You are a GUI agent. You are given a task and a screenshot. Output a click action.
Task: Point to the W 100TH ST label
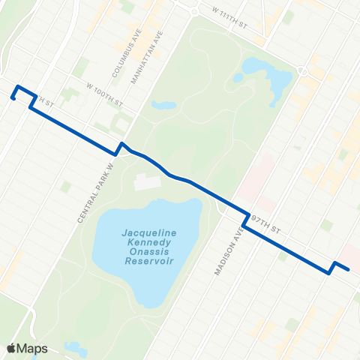coord(103,88)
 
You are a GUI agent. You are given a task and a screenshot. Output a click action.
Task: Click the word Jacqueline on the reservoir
coord(150,233)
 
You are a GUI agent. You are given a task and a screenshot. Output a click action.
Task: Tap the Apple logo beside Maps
coord(11,348)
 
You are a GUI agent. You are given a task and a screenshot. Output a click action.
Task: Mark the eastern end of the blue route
coord(348,268)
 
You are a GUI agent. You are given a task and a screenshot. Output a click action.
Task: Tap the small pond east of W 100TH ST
coord(163,106)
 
